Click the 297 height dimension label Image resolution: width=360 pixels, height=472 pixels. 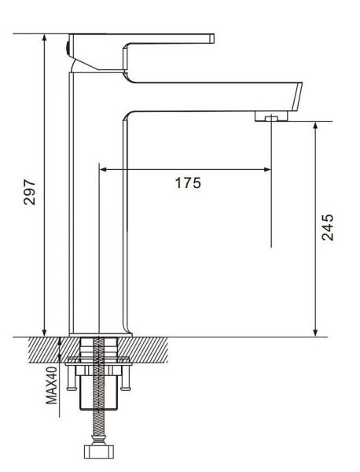29,192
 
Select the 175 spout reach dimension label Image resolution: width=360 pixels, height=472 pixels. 188,183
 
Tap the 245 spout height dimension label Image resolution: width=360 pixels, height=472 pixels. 328,227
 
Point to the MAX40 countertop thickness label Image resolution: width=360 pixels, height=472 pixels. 51,385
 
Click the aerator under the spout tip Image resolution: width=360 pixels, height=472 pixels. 271,116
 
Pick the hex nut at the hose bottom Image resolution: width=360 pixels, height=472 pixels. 99,452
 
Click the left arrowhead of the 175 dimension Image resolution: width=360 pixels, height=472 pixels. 103,169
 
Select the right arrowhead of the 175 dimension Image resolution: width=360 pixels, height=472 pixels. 267,169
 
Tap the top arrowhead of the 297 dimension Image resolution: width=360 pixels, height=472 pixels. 45,38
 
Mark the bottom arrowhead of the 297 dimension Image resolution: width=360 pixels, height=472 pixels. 45,332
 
